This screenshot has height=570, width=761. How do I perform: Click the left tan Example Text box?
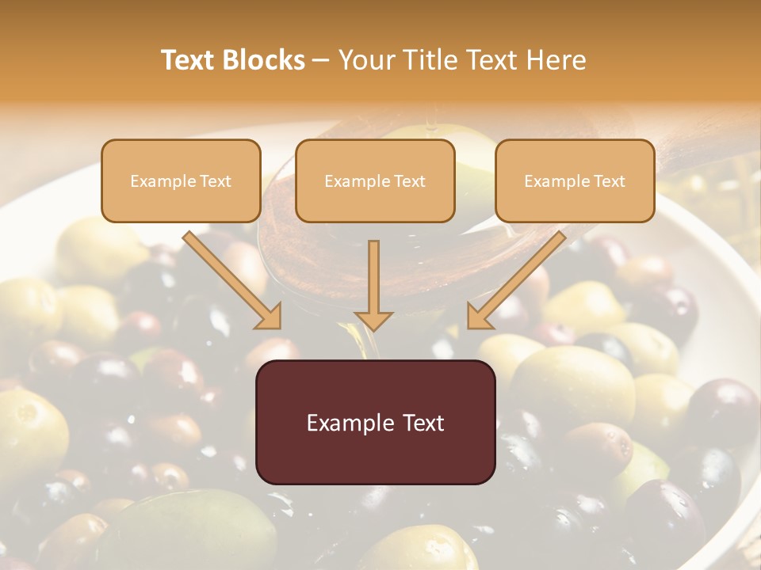coord(181,180)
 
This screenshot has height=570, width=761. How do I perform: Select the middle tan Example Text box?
coord(375,180)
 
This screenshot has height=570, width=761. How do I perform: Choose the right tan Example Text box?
coord(575,180)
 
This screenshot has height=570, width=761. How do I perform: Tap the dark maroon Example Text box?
coord(375,422)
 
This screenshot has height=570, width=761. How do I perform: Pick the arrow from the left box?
coord(230,277)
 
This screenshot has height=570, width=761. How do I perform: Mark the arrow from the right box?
coord(519,277)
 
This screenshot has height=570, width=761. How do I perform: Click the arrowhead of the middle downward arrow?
coord(373,318)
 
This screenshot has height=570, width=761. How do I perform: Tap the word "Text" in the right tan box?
coord(609,181)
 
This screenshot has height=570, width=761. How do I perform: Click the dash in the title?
coord(321,60)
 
